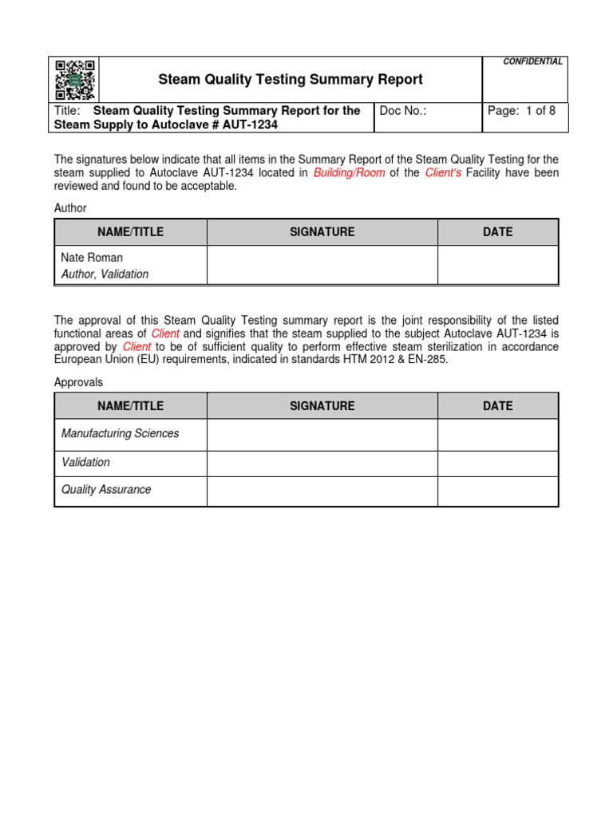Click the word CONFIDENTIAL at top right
tap(533, 61)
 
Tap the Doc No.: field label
tap(403, 111)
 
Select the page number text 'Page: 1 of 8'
tap(521, 111)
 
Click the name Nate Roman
tap(92, 258)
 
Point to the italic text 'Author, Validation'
tap(105, 274)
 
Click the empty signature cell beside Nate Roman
tap(322, 265)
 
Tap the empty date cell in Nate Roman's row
tap(497, 265)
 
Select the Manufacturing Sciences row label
tap(120, 433)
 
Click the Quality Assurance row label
tap(106, 489)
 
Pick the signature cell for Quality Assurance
tap(322, 491)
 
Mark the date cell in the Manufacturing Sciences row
tap(497, 435)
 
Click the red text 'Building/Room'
tap(350, 172)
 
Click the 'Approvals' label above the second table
tap(78, 382)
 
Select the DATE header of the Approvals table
tap(497, 405)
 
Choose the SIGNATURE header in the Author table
tap(322, 232)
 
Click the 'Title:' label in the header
tap(69, 111)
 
